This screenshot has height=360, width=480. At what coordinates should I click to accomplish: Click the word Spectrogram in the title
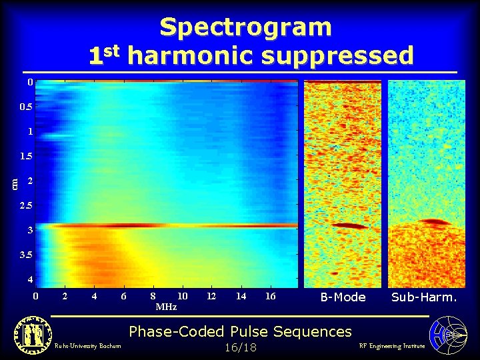pos(245,27)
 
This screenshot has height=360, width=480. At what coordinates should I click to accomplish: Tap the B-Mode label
pos(343,297)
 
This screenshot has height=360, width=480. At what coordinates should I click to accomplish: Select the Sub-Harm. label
pos(425,297)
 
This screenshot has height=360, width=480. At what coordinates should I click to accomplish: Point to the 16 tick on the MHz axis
pos(271,295)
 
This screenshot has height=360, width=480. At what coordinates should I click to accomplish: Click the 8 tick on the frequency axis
pos(153,295)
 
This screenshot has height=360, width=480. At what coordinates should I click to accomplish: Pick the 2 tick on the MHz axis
pos(65,295)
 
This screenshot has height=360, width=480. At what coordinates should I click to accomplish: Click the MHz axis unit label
pos(166,307)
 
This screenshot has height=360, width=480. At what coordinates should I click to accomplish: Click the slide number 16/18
pos(241,347)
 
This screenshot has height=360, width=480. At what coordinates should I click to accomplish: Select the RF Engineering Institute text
pos(391,346)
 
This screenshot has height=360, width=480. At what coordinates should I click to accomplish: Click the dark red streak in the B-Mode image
pos(350,226)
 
